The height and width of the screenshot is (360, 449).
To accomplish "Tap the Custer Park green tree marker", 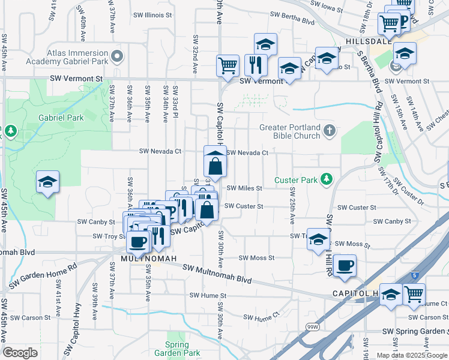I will pyautogui.click(x=326, y=179).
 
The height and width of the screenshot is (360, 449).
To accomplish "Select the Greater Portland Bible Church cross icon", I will pyautogui.click(x=329, y=130).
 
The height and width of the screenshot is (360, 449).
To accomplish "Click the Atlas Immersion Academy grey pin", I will pyautogui.click(x=117, y=58).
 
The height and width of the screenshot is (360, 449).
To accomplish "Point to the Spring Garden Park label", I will pyautogui.click(x=183, y=349).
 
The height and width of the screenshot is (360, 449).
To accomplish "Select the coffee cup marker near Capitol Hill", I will pyautogui.click(x=345, y=265).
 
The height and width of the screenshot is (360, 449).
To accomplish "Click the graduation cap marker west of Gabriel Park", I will pyautogui.click(x=47, y=181).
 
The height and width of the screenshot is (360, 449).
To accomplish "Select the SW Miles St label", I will pyautogui.click(x=244, y=188).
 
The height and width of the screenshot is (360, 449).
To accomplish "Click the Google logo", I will pyautogui.click(x=20, y=353).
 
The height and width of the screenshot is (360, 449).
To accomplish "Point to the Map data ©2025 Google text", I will pyautogui.click(x=412, y=355).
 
